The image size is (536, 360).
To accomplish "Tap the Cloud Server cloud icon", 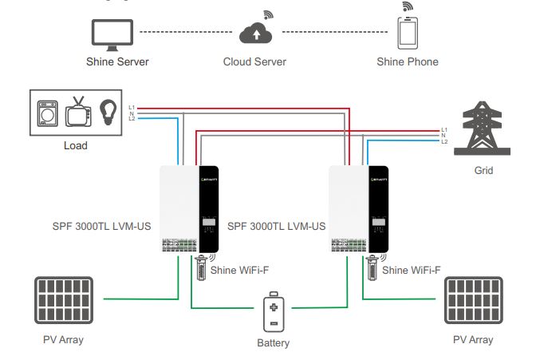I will [254, 33].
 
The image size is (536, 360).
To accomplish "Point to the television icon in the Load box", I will [78, 114].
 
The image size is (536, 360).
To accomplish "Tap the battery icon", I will [273, 315].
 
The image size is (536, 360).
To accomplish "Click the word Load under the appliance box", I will [75, 146].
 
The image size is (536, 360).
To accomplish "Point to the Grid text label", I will [483, 170].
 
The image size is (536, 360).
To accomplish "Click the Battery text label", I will [274, 343].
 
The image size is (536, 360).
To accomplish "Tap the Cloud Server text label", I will [254, 61].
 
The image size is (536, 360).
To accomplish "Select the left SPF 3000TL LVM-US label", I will [100, 226].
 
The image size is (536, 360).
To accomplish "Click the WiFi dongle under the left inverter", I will [202, 267].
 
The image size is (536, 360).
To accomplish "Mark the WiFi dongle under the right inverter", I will [372, 267].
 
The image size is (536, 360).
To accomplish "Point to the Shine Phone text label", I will [408, 61].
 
